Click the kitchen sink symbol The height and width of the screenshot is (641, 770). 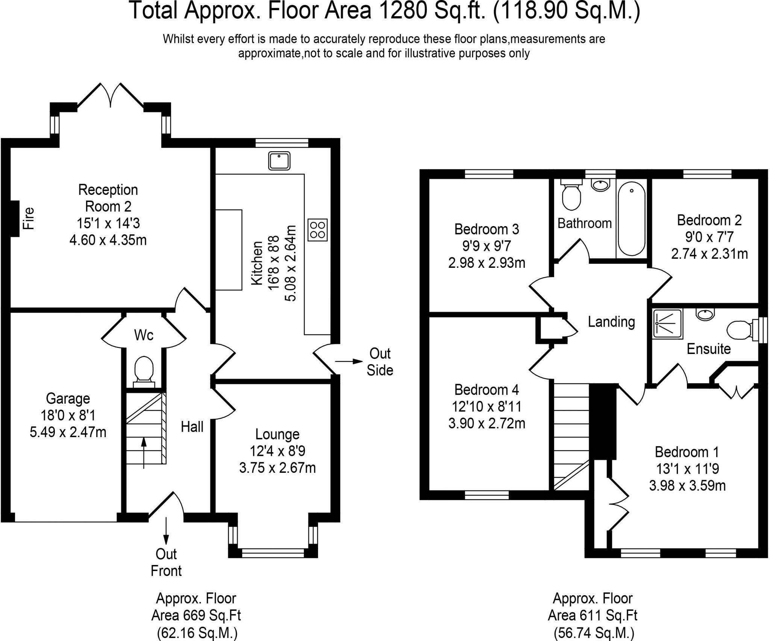[x=279, y=161]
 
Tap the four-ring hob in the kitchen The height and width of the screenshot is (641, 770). [x=317, y=230]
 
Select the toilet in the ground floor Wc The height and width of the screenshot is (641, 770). [x=144, y=372]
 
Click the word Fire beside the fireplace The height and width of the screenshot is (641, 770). [x=29, y=219]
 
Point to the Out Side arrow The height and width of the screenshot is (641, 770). [x=349, y=362]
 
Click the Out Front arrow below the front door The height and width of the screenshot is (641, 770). [x=166, y=531]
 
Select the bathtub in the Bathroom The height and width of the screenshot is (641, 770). [x=632, y=219]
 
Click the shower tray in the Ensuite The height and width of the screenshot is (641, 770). [x=667, y=324]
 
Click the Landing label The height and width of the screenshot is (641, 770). [x=611, y=322]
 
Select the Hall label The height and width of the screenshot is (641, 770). [x=192, y=427]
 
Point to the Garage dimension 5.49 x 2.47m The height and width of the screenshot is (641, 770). [x=68, y=432]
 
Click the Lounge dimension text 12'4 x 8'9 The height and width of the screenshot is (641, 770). [x=277, y=451]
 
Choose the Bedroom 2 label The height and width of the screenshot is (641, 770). [x=709, y=220]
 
